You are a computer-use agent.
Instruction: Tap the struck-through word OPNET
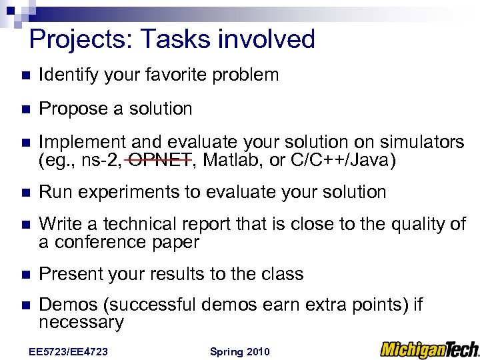click(160, 160)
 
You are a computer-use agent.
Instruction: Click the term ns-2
click(102, 160)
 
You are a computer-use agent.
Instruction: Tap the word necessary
click(81, 323)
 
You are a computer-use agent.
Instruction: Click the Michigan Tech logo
click(429, 349)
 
